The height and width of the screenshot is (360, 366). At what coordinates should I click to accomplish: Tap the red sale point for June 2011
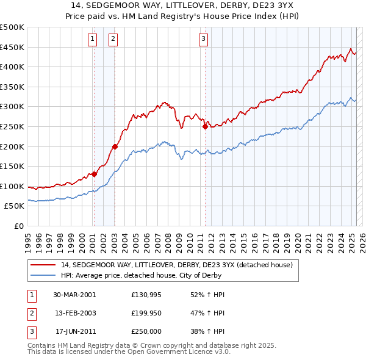[x=205, y=126]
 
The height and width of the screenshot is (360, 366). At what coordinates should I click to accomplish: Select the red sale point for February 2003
[x=115, y=146]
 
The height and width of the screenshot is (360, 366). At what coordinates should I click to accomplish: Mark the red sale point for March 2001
[x=95, y=174]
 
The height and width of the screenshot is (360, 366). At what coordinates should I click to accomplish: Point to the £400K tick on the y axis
[x=12, y=67]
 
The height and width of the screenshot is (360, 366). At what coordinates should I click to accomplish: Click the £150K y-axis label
[x=12, y=166]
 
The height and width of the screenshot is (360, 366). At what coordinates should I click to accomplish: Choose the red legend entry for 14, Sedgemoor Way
[x=177, y=265]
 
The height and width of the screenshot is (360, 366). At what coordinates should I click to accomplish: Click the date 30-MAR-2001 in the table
[x=74, y=294]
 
